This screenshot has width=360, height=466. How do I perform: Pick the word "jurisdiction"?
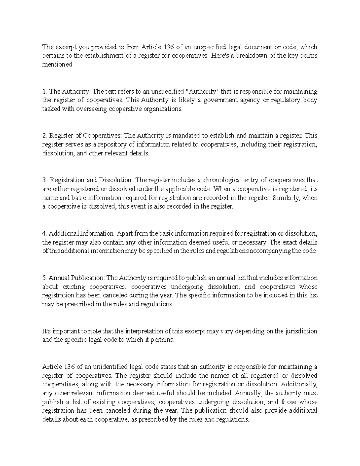(301, 331)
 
